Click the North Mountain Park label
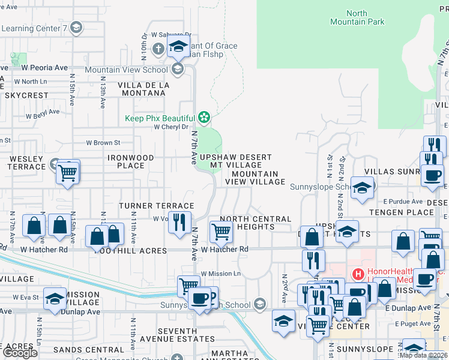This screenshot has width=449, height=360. point(357,17)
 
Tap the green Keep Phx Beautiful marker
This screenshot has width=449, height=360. point(205,118)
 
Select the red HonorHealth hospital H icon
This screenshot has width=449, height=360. point(358,275)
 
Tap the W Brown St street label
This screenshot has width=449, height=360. point(103,143)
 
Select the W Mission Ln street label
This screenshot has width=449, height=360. point(220,274)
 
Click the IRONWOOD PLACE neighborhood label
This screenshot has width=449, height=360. point(130,161)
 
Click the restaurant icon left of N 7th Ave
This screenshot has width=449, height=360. point(179,223)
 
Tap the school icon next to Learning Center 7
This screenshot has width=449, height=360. point(76,27)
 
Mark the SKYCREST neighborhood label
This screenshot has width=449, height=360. point(26,95)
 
